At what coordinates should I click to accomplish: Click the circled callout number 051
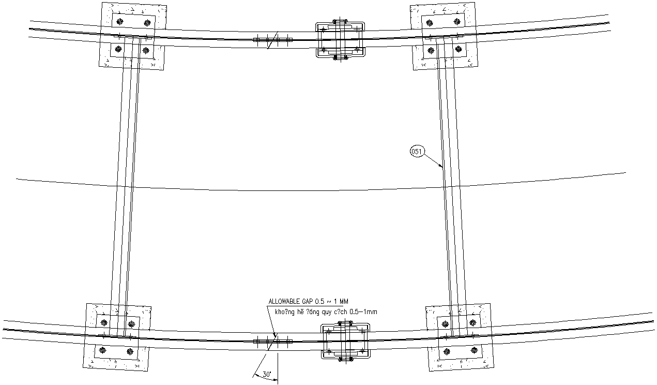(x=417, y=152)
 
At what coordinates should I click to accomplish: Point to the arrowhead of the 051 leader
(x=442, y=167)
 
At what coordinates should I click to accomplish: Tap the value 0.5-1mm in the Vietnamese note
(x=363, y=312)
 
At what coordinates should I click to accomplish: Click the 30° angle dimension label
(x=267, y=374)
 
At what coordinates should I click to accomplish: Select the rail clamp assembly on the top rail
(x=339, y=40)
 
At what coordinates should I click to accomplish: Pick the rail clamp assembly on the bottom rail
(x=346, y=341)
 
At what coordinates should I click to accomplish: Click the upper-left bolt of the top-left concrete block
(x=120, y=22)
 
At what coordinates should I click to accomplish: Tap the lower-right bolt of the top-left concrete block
(x=146, y=50)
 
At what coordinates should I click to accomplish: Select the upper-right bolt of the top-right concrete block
(x=456, y=22)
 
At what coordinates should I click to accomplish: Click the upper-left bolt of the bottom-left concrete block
(x=104, y=323)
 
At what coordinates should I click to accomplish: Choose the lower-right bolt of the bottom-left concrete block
(x=129, y=351)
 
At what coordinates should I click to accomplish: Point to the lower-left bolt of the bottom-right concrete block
(x=447, y=351)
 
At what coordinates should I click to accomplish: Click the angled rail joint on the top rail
(x=272, y=40)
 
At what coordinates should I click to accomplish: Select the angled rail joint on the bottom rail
(x=272, y=341)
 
